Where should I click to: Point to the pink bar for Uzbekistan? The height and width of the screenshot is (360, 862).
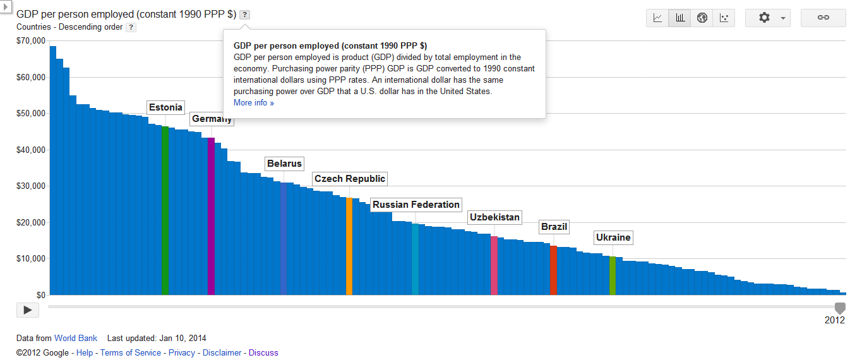pos(494,265)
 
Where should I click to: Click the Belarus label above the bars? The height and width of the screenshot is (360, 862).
pos(284,164)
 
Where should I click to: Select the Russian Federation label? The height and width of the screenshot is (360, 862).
pos(416,205)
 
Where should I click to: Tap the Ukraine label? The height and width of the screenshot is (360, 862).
pos(613,237)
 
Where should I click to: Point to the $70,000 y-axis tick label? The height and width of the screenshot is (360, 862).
pos(32,41)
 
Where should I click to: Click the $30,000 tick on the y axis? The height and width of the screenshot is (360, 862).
pos(32,186)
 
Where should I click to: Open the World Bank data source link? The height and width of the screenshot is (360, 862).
pos(76,339)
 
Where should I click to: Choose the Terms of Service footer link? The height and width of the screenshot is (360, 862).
pos(131,353)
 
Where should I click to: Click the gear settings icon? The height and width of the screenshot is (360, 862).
pos(764,18)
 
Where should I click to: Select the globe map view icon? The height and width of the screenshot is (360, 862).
pos(702,18)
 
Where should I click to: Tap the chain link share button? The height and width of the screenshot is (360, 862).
pos(823,18)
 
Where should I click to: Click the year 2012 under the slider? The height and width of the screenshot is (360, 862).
pos(834,320)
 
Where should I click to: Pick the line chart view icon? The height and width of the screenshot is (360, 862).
pos(657,18)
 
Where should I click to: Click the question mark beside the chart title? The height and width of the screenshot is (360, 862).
pos(245,15)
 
